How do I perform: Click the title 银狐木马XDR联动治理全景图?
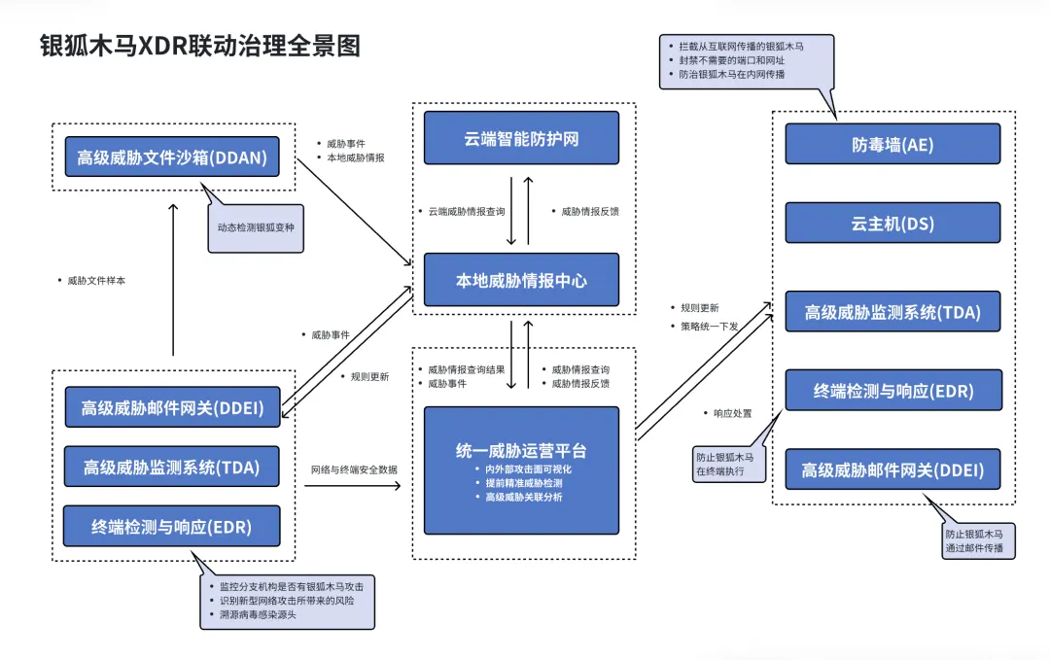click(x=199, y=46)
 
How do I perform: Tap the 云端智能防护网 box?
click(x=521, y=138)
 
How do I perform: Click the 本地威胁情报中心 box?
click(x=521, y=280)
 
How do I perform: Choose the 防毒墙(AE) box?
click(x=892, y=144)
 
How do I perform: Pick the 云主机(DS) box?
click(x=892, y=224)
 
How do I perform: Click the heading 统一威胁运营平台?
click(x=521, y=451)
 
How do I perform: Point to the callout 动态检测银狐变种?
click(x=256, y=229)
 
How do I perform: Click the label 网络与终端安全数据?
click(x=353, y=469)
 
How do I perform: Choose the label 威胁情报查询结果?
click(x=466, y=369)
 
